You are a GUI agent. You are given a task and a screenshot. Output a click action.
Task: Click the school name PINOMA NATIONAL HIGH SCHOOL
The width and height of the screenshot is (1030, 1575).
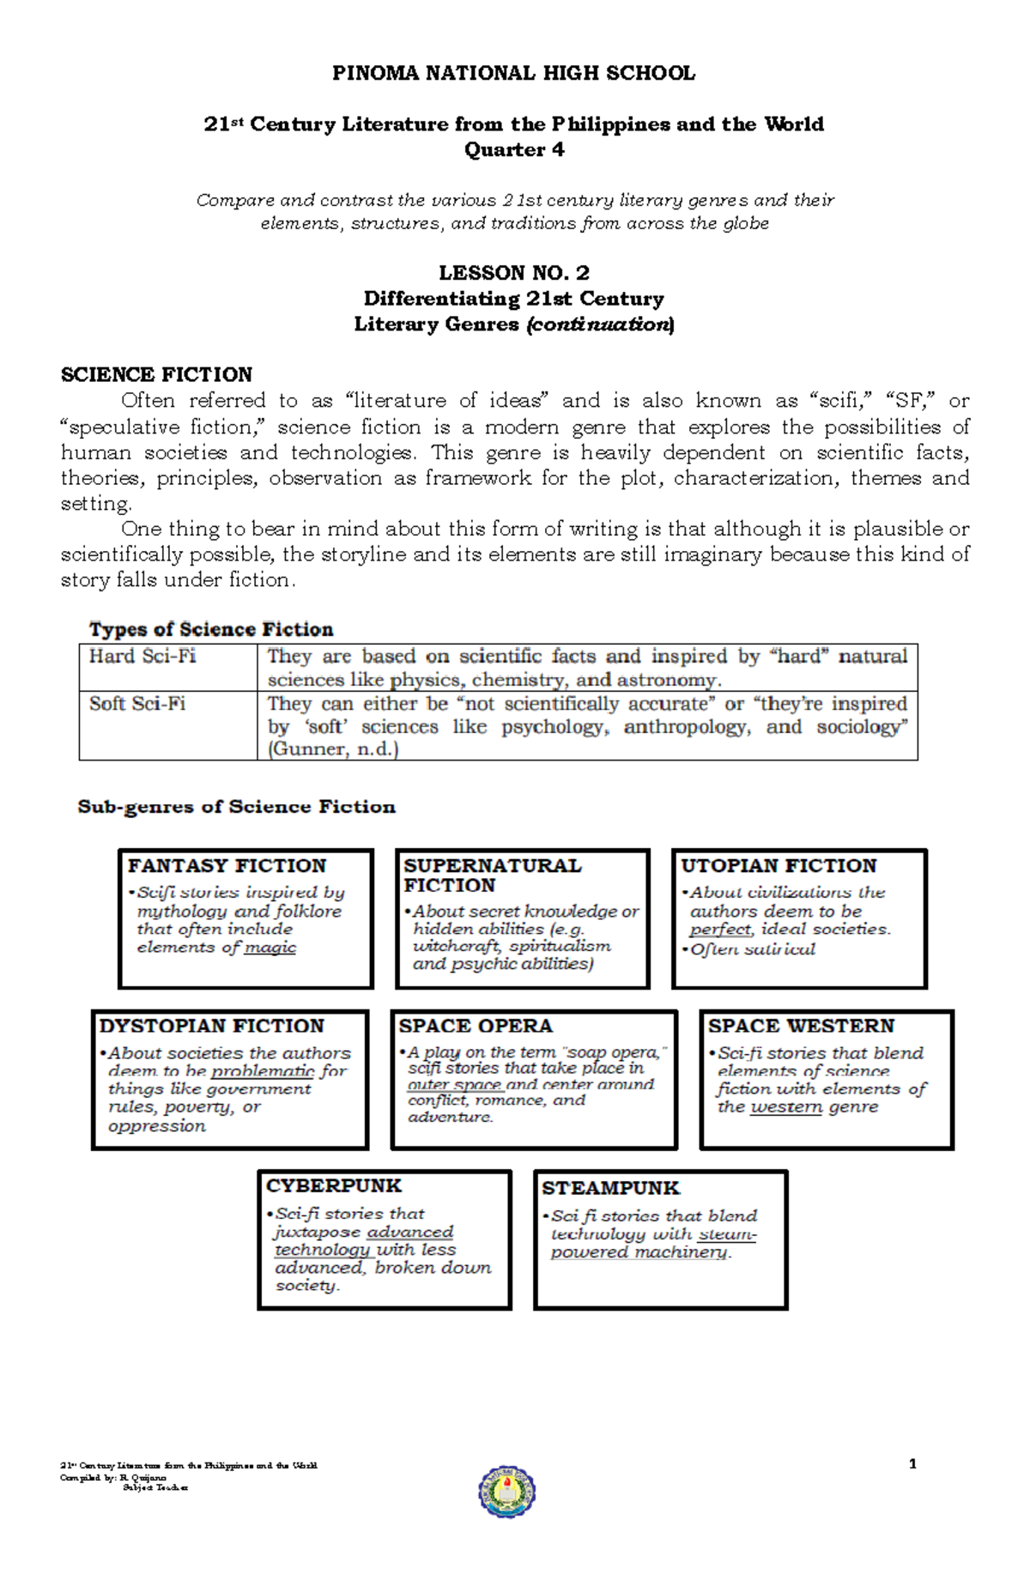tap(513, 74)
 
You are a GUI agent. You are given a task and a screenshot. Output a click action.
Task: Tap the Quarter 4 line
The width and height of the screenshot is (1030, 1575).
tap(514, 150)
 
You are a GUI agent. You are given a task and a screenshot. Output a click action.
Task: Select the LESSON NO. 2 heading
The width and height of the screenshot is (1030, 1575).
tap(514, 273)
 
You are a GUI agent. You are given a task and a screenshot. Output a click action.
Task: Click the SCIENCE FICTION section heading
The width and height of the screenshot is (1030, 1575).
tap(156, 375)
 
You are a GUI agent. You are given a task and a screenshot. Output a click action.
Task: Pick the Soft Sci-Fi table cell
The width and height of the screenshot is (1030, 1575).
tap(137, 704)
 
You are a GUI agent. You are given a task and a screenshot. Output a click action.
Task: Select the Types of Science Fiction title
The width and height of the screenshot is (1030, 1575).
tap(211, 629)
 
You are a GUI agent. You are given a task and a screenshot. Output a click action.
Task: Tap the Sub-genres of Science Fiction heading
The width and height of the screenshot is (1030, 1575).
tap(237, 807)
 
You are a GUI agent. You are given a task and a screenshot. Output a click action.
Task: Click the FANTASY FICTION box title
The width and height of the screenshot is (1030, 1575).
tap(227, 865)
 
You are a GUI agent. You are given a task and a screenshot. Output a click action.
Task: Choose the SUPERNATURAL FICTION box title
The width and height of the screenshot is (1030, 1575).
tap(492, 875)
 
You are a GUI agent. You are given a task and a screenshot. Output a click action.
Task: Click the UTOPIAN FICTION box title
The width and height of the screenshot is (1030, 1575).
tap(779, 865)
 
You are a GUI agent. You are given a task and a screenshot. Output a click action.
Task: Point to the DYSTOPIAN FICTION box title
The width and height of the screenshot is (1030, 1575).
tap(212, 1026)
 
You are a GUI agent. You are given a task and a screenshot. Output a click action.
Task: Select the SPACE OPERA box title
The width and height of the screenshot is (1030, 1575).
tap(476, 1026)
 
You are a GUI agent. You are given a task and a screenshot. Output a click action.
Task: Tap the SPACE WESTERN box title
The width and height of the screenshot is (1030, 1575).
tap(801, 1026)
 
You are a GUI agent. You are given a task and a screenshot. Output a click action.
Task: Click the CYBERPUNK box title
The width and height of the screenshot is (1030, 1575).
tap(334, 1185)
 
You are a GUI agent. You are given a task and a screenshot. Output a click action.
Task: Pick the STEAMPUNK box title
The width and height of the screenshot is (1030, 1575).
tap(610, 1188)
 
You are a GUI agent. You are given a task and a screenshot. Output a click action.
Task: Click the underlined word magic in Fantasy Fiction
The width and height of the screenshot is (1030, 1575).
tap(270, 948)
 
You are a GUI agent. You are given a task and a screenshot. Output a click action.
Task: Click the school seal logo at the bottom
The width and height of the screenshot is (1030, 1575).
tap(507, 1492)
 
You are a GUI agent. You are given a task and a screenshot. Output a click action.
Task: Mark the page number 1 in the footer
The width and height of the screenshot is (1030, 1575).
tap(912, 1464)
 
